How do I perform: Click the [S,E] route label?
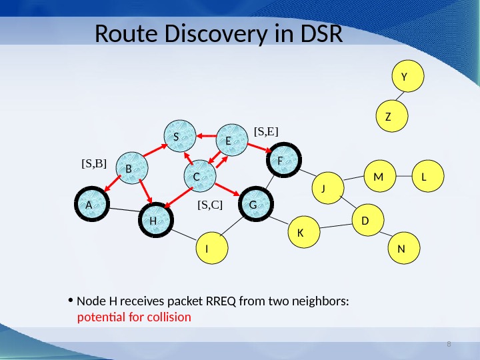point(265,132)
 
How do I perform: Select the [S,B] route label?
point(94,162)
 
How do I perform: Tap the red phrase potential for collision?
point(134,317)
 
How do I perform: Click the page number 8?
point(449,344)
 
